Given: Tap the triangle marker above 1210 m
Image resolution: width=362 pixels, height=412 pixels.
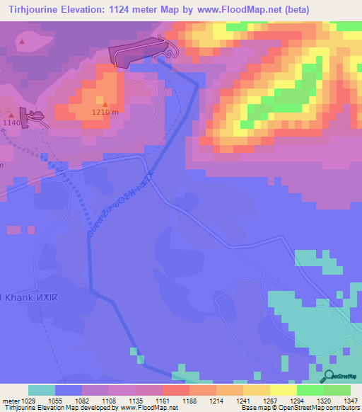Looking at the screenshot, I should tap(105, 103).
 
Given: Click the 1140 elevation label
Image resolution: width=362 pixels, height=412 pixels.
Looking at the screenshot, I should tap(12, 122).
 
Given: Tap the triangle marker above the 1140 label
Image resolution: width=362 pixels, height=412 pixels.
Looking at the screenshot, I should tap(11, 113).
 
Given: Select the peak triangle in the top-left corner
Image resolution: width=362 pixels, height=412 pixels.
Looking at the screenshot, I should tap(23, 42).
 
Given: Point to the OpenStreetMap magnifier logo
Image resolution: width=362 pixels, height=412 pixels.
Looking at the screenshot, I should tap(330, 376).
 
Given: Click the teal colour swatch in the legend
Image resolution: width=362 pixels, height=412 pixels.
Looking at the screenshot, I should tap(41, 390).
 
